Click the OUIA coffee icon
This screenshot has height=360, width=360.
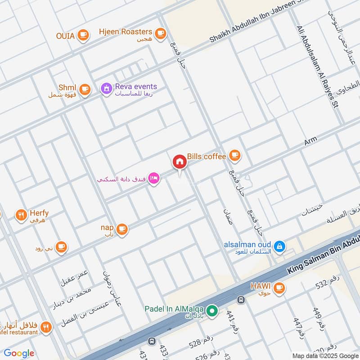[83, 35]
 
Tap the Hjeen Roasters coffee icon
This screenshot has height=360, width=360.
[160, 33]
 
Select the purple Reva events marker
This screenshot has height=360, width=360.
[106, 89]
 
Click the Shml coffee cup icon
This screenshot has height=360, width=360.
[85, 89]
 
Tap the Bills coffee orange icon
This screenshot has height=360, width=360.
[234, 156]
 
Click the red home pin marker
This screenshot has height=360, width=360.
[179, 162]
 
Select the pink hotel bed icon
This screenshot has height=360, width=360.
[154, 179]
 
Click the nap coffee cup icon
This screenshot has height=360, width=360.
[121, 229]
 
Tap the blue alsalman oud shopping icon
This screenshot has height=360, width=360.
[279, 246]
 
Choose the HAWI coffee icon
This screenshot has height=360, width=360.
[279, 287]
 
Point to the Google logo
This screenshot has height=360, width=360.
[19, 353]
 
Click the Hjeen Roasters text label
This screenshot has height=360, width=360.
[126, 31]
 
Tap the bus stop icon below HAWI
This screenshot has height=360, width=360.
[241, 299]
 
